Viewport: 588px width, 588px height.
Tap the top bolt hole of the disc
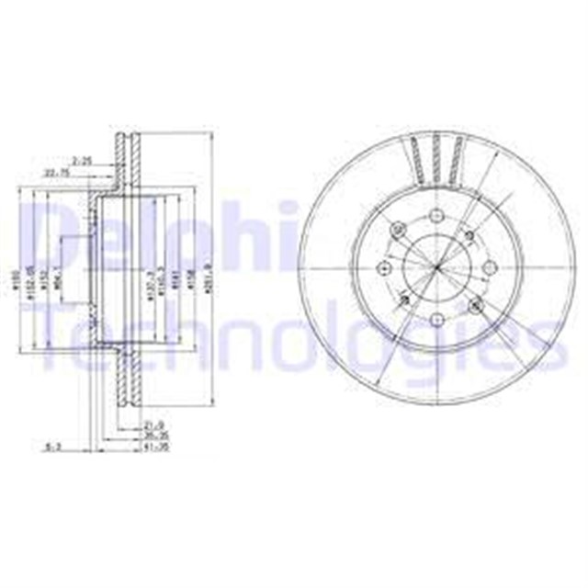(436, 218)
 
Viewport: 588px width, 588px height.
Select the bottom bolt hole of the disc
(436, 319)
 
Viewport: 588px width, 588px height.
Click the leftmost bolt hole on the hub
(385, 268)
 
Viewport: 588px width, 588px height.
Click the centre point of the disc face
(436, 268)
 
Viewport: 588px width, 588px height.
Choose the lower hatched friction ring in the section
(126, 390)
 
